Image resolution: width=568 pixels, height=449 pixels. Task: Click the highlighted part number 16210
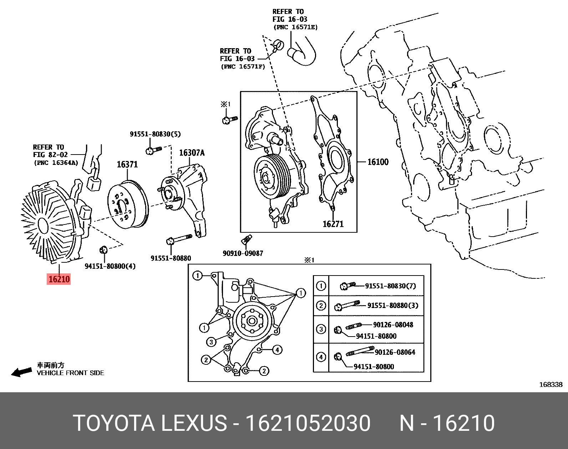coord(59,279)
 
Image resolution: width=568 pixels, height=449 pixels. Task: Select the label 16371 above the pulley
coord(127,165)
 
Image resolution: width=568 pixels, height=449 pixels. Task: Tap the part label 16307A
coord(192,153)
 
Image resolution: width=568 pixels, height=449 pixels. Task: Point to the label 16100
coord(378,162)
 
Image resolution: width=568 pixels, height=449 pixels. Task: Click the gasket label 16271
coord(333,224)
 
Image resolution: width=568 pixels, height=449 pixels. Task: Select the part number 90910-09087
coord(243,253)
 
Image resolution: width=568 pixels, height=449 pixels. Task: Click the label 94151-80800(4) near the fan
coord(110,266)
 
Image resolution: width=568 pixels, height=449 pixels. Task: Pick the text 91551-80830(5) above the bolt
coord(155,134)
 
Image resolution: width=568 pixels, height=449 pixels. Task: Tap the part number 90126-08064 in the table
coord(395,352)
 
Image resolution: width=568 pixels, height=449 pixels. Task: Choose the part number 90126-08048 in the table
coord(393,325)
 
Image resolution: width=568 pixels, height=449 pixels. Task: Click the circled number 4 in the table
coord(321,357)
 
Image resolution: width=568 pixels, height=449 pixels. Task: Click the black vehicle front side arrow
coord(21,372)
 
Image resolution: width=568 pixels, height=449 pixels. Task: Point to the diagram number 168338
coord(551,384)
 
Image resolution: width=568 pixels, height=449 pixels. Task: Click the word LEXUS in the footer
coord(194,424)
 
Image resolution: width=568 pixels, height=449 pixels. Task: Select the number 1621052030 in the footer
coord(309,424)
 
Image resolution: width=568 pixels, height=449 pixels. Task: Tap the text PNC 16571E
coord(295,27)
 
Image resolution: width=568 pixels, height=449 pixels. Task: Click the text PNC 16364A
coord(56,163)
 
